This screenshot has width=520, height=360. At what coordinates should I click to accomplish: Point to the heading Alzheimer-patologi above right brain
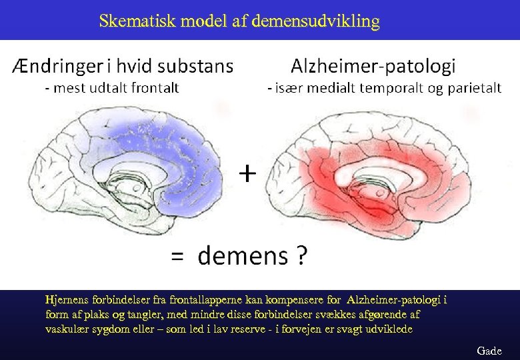[x=373, y=66]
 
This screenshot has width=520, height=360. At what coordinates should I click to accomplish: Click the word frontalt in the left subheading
[x=154, y=87]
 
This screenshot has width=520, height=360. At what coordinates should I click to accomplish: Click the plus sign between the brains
[x=247, y=174]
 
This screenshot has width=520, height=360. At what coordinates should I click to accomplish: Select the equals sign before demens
[x=177, y=256]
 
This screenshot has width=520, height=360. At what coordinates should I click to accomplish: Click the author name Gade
[x=489, y=351]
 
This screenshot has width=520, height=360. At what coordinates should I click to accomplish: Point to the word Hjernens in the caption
[x=65, y=299]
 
